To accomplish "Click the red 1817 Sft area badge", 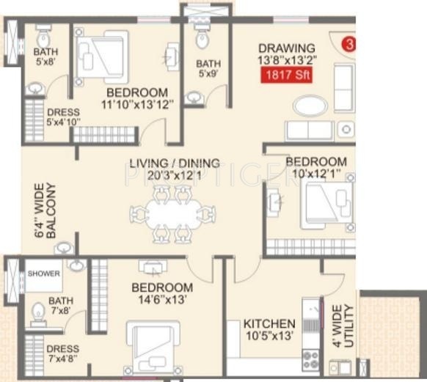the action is click(286, 75).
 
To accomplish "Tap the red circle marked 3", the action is click(349, 44).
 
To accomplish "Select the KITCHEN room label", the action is click(269, 324).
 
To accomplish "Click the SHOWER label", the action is click(43, 273).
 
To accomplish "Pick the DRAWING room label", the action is click(287, 48).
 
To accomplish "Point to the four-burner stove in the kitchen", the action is click(311, 360).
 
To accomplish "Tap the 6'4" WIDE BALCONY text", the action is click(45, 211).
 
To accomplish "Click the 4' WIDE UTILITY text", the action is click(343, 326).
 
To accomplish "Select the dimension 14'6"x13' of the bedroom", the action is click(163, 300).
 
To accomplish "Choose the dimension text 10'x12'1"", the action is click(317, 173).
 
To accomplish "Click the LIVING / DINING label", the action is click(175, 164).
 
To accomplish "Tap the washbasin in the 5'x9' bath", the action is click(194, 97).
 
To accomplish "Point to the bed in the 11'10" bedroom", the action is click(102, 57).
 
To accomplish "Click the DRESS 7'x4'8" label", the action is click(63, 353).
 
